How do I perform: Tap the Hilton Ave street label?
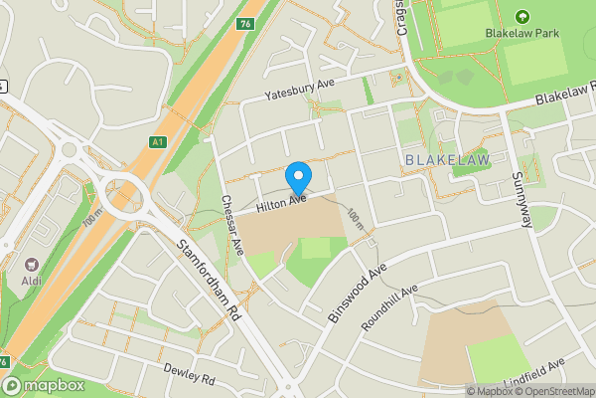point(282,204)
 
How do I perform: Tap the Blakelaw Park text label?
point(522,33)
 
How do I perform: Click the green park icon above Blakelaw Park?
point(522,16)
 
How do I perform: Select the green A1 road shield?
point(158,142)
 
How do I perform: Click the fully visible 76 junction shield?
point(245,24)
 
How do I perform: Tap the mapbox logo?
point(42,385)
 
